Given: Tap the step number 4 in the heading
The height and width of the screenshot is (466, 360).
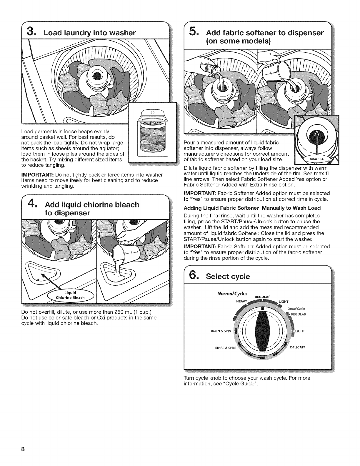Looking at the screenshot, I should tap(32, 204).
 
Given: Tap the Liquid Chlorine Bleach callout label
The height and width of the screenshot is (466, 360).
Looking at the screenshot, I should tap(70, 295).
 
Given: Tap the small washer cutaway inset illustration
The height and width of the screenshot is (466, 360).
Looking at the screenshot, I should tap(152, 136).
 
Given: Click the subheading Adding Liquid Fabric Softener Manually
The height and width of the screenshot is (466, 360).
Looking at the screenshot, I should tap(252, 208).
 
